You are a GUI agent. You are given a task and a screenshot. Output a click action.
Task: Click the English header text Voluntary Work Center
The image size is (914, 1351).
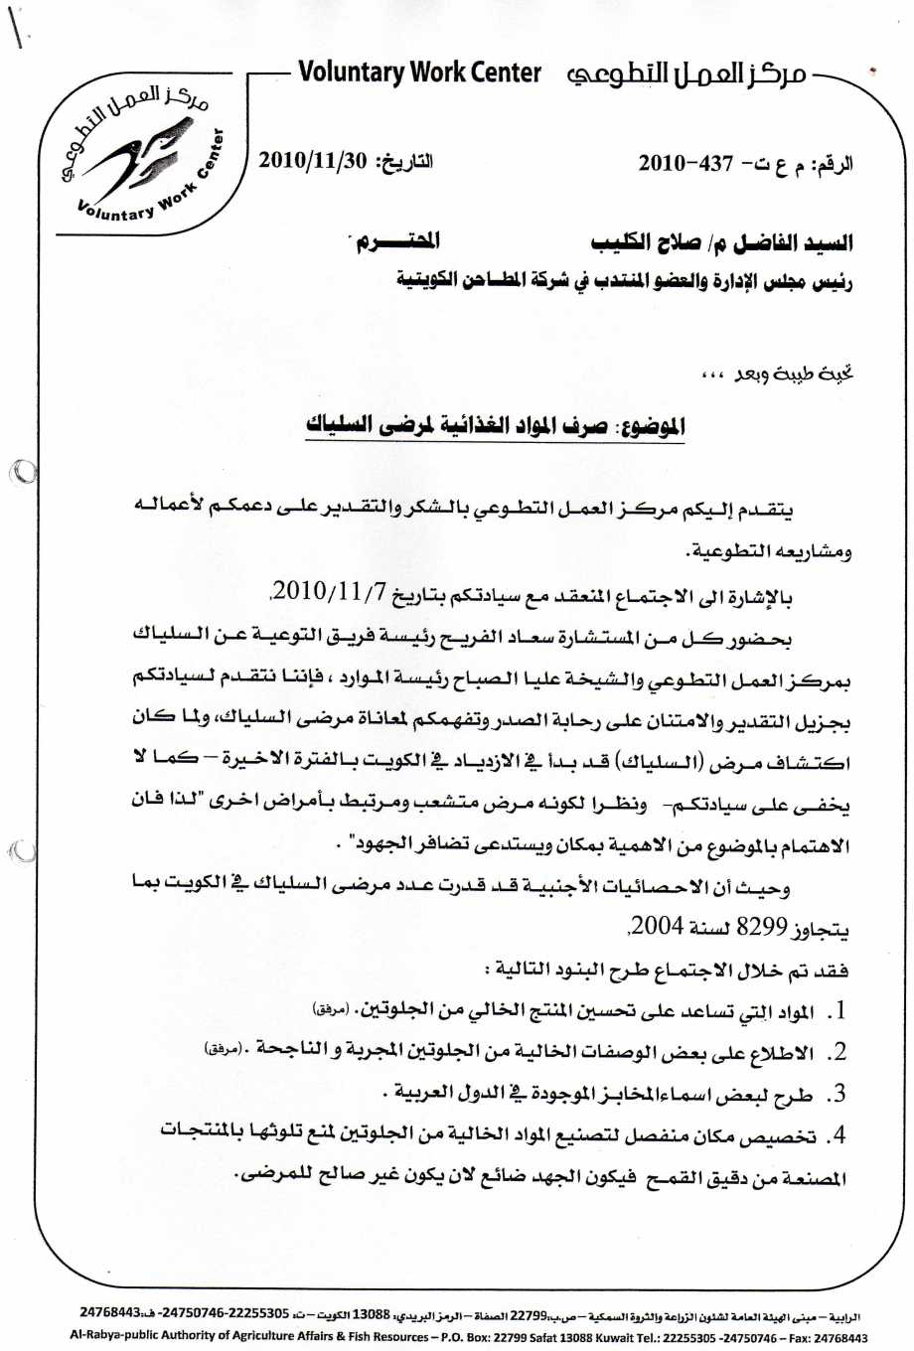pos(419,73)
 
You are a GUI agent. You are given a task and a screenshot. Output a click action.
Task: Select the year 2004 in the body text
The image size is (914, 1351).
pos(657,928)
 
